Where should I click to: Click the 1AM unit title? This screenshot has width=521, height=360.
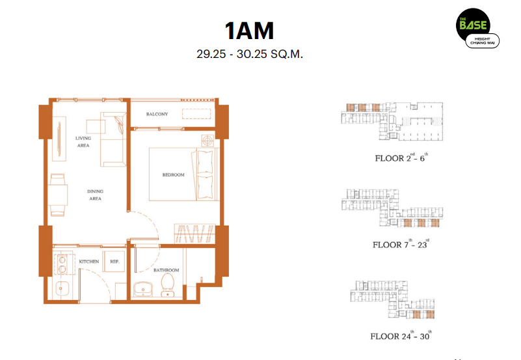click(249, 31)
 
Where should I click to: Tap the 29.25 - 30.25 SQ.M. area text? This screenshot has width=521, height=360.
click(250, 54)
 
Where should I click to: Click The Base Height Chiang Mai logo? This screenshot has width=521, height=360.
click(477, 28)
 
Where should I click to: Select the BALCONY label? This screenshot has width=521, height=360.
click(157, 114)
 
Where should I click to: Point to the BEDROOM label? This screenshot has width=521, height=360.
click(173, 174)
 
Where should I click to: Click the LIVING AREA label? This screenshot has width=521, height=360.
click(83, 142)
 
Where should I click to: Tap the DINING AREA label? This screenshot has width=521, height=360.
click(95, 195)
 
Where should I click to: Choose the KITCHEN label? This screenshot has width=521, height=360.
click(89, 262)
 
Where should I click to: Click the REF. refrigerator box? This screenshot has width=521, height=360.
click(114, 262)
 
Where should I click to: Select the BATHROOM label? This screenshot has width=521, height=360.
click(166, 270)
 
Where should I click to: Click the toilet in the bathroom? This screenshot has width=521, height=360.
click(168, 285)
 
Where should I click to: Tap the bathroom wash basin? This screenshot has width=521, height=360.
click(143, 289)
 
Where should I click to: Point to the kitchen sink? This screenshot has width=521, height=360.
click(62, 288)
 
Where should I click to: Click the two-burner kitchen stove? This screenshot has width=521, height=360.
click(62, 264)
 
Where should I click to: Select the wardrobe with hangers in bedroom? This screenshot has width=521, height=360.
click(194, 233)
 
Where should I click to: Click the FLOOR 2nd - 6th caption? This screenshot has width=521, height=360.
click(401, 158)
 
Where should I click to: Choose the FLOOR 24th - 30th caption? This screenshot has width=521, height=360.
click(401, 336)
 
